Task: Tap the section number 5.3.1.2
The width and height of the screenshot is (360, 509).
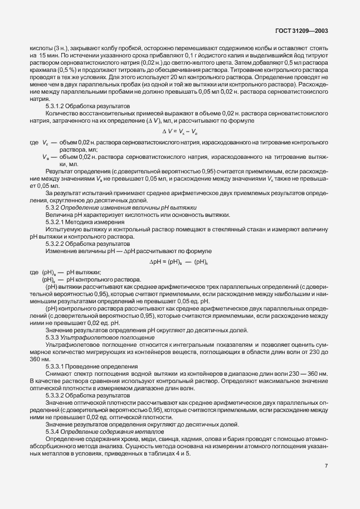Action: [57, 105]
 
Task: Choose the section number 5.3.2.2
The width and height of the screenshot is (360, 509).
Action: [57, 244]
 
